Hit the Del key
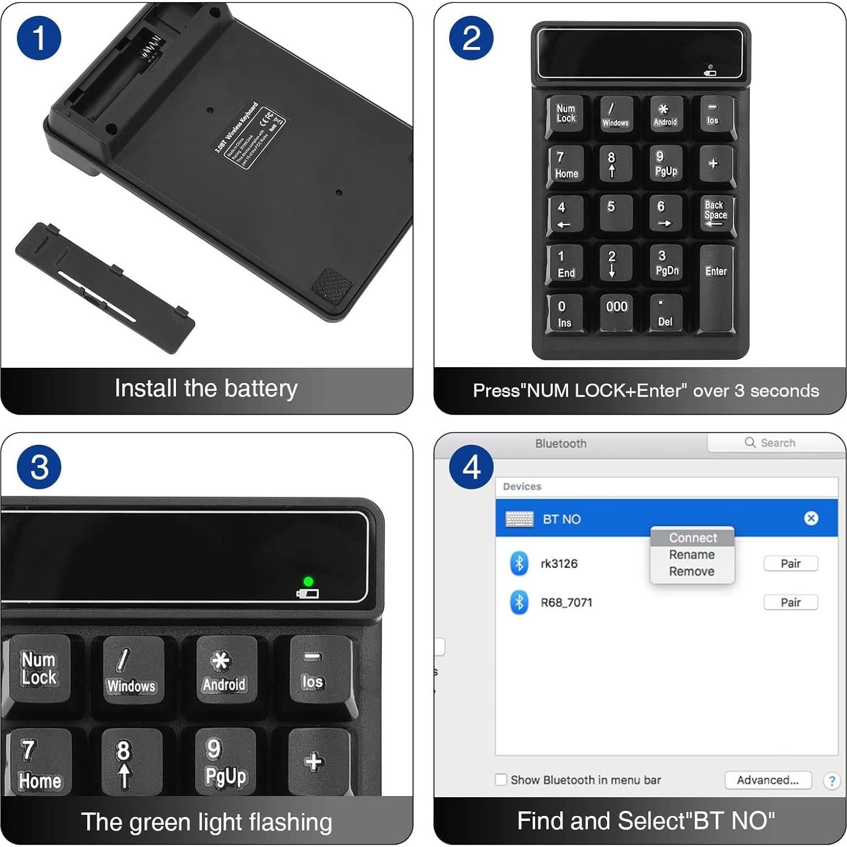point(665,312)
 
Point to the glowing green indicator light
point(308,581)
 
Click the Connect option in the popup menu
point(693,538)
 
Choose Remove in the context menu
point(691,571)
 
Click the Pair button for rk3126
point(790,564)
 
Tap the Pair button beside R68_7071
point(790,603)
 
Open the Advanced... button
point(768,780)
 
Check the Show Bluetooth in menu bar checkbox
point(501,780)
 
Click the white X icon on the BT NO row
point(811,518)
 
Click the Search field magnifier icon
point(750,442)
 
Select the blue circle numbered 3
point(39,467)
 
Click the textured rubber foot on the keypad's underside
point(332,284)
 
